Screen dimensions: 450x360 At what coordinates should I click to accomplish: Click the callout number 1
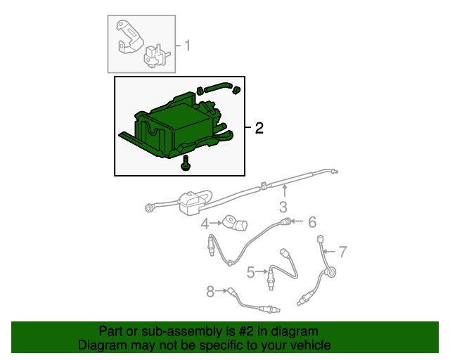click(188, 46)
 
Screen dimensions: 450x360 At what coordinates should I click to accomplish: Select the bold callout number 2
click(259, 128)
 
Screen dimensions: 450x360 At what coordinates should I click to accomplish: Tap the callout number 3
click(283, 207)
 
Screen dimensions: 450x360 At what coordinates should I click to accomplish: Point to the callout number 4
click(205, 224)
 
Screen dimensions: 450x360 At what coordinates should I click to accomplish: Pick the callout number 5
click(251, 272)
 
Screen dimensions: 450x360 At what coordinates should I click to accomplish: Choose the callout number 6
click(312, 222)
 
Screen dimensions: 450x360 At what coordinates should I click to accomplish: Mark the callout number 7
click(342, 252)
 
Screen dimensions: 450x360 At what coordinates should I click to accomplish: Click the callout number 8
click(210, 291)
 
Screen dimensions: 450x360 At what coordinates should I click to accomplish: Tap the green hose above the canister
click(218, 86)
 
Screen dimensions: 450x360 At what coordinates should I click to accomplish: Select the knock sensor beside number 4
click(235, 223)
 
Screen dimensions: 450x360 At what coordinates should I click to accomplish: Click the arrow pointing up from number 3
click(284, 191)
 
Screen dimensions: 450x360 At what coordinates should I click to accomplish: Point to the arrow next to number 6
click(297, 221)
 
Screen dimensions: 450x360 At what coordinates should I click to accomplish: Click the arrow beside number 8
click(221, 291)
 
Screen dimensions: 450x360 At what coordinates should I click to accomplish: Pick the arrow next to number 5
click(262, 271)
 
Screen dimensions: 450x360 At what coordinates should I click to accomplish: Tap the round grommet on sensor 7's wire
click(330, 272)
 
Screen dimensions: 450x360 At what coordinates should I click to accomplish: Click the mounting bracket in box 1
click(129, 37)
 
